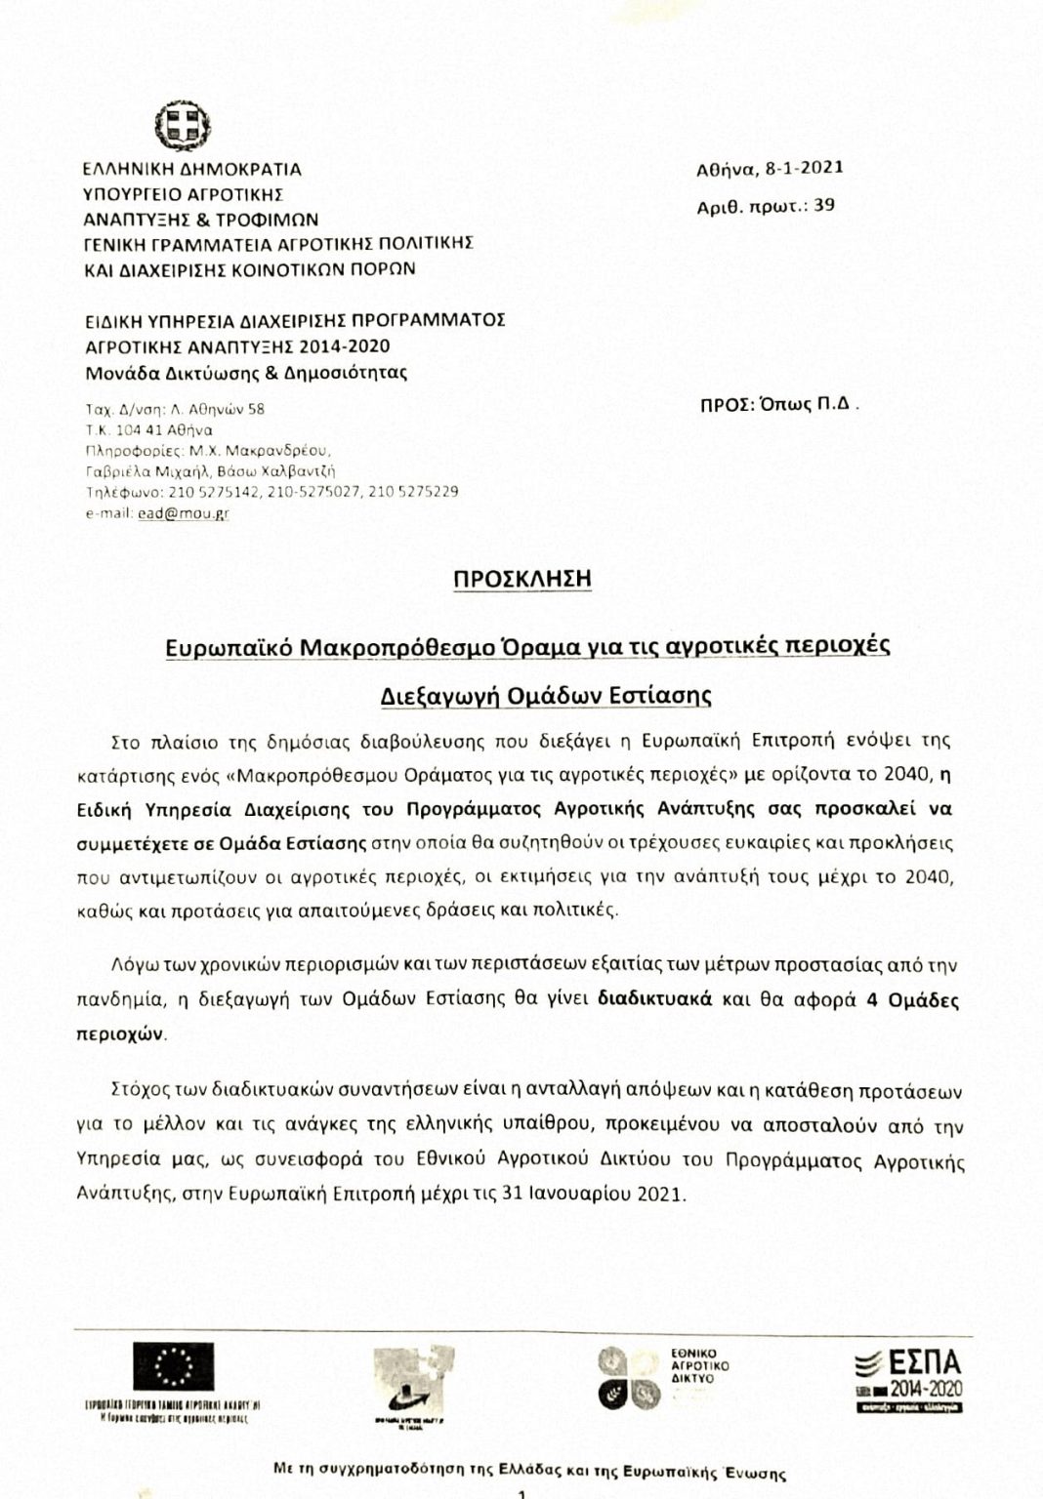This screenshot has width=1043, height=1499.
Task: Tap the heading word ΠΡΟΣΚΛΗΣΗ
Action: [x=522, y=578]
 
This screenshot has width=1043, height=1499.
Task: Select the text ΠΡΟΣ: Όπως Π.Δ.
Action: [x=779, y=408]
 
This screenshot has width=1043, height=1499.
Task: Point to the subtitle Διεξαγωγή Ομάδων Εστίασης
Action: [x=546, y=696]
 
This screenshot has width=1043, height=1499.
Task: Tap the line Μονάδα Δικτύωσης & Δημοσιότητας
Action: [x=245, y=372]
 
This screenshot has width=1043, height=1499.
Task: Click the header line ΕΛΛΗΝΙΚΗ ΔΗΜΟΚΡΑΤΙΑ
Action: [x=191, y=169]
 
